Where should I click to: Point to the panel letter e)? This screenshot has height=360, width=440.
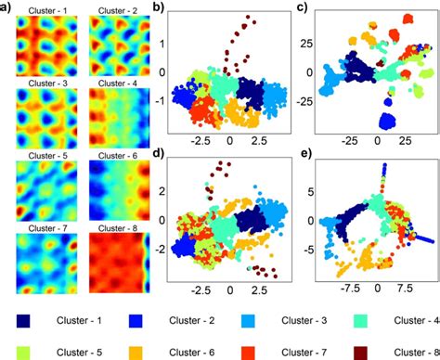(x=302, y=153)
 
